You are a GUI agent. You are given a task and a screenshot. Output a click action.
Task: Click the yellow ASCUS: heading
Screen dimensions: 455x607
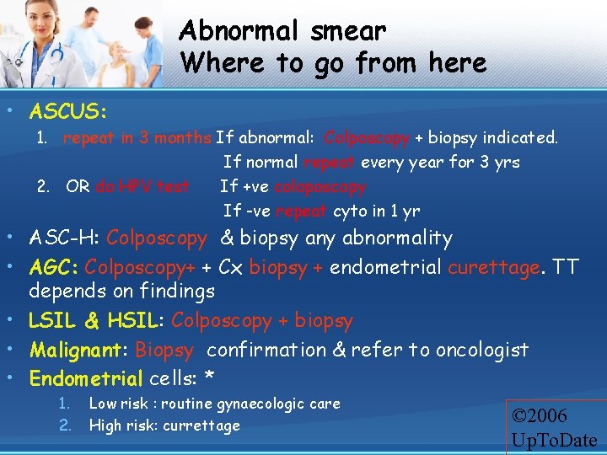point(67,111)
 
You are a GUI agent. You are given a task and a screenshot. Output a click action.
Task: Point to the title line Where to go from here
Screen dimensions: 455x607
point(333,63)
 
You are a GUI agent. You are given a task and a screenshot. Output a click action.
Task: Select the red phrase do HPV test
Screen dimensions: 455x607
point(142,186)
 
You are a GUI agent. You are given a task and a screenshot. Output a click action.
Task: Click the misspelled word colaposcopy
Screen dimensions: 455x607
point(320,186)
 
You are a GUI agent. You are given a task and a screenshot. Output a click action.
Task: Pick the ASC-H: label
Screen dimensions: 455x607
point(64,238)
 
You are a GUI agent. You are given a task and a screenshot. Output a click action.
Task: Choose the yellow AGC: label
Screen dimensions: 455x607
point(54,267)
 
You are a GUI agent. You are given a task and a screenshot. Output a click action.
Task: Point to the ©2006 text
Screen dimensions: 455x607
point(540,415)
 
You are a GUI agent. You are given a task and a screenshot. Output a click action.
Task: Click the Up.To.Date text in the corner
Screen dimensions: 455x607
point(553,440)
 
